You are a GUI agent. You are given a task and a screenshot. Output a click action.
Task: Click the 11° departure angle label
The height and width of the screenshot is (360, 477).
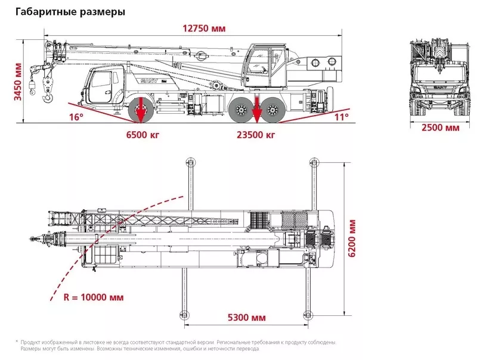point(340,117)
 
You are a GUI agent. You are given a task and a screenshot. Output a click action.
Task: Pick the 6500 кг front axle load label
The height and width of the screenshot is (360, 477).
point(144,135)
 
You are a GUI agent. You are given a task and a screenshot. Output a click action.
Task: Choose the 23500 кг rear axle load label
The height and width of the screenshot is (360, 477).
point(256,135)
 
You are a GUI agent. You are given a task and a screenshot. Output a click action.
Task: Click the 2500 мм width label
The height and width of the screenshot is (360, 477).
point(441,128)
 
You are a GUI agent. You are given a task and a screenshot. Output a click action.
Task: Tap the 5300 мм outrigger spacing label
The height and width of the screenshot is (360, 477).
point(247,316)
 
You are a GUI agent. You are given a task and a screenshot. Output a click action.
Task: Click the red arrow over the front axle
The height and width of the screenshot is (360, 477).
point(141,110)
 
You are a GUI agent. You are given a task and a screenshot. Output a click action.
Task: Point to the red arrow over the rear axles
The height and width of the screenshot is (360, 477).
point(256,110)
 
